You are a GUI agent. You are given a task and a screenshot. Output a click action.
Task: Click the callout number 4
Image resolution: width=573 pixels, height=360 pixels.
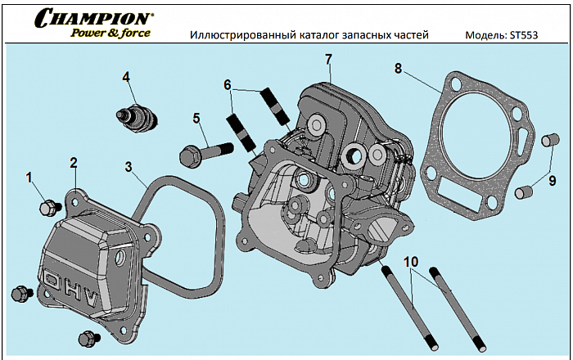pyautogui.click(x=127, y=77)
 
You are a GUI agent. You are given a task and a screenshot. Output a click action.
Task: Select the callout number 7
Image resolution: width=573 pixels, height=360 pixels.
pyautogui.click(x=328, y=60)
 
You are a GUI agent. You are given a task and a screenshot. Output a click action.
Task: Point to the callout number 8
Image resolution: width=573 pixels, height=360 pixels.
pyautogui.click(x=398, y=69)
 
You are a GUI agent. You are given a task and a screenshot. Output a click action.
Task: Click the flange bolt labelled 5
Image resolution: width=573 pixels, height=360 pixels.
pyautogui.click(x=205, y=151)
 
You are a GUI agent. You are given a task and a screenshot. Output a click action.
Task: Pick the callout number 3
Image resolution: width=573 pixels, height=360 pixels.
pyautogui.click(x=129, y=167)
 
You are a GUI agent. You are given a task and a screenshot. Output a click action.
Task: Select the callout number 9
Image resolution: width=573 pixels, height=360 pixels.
pyautogui.click(x=552, y=181)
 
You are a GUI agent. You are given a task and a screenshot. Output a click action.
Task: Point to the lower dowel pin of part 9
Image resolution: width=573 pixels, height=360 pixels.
pyautogui.click(x=524, y=193)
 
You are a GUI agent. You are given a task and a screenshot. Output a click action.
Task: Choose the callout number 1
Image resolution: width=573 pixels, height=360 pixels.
pyautogui.click(x=29, y=177)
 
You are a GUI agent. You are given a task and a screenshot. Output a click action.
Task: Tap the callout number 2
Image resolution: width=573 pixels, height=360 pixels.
pyautogui.click(x=73, y=162)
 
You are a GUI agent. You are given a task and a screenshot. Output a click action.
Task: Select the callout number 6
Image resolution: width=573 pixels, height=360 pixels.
pyautogui.click(x=228, y=84)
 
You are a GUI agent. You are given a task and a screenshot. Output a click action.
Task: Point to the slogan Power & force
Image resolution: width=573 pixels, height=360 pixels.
pyautogui.click(x=110, y=34)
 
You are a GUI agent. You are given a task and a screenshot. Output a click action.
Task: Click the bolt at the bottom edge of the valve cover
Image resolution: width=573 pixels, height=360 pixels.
pyautogui.click(x=85, y=338)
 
